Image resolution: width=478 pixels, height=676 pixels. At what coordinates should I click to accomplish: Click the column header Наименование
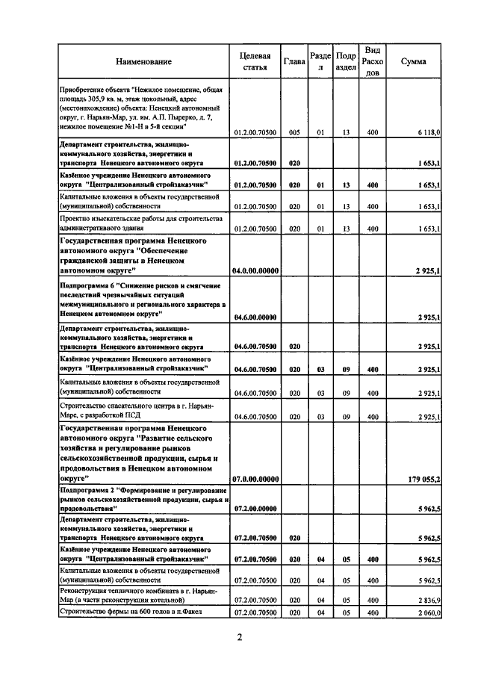coord(143,61)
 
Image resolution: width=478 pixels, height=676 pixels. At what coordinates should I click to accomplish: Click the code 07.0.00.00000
coord(255,477)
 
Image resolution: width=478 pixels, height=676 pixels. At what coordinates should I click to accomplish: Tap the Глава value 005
coord(294,131)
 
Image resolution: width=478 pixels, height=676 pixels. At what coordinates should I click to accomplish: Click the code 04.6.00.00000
coord(255,317)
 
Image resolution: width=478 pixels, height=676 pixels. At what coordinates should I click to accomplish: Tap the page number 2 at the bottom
coord(240,638)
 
